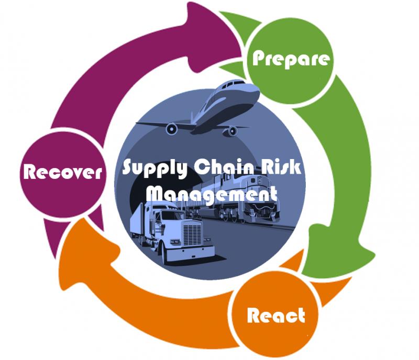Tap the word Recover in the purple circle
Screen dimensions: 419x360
pos(62,172)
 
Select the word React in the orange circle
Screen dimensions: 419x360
pos(276,315)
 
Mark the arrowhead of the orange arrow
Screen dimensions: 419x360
pos(88,254)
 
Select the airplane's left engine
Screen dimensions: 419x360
pos(171,129)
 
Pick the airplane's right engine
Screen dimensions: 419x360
pos(232,131)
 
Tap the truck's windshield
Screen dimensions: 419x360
pos(173,215)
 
